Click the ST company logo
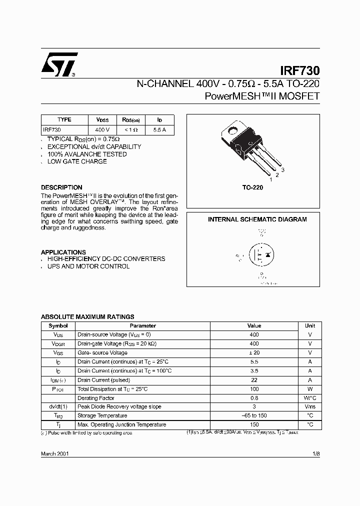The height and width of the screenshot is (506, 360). point(58,64)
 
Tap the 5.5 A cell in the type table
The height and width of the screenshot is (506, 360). point(159,129)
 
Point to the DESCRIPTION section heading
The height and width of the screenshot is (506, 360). point(61,187)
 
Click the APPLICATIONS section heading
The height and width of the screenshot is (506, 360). point(63,252)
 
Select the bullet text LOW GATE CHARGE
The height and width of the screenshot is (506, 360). point(77,161)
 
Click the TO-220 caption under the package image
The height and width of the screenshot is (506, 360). point(252,187)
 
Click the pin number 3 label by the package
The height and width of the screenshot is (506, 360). point(282,170)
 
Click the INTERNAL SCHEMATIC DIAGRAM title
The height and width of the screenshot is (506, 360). point(257,219)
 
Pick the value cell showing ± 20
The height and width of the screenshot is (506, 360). point(254,352)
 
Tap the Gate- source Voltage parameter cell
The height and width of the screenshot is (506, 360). point(102,352)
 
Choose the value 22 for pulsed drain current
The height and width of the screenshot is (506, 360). point(254,379)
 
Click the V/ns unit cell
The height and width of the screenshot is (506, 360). point(309,406)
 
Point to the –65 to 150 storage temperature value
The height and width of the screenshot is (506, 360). point(254,415)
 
